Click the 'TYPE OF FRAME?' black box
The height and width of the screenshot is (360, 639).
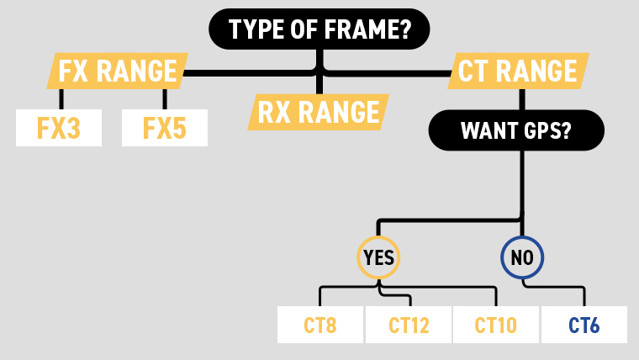pyautogui.click(x=319, y=29)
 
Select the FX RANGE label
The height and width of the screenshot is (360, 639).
pyautogui.click(x=117, y=71)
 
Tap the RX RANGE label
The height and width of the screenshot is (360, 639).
pyautogui.click(x=319, y=112)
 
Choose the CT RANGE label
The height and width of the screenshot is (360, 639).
pyautogui.click(x=518, y=71)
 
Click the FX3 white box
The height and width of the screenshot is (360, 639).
pyautogui.click(x=59, y=129)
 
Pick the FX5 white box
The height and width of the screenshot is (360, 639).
pyautogui.click(x=164, y=129)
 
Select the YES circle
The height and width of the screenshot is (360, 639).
pyautogui.click(x=378, y=257)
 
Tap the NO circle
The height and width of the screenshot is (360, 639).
pyautogui.click(x=522, y=257)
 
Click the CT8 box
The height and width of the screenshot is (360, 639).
pyautogui.click(x=320, y=325)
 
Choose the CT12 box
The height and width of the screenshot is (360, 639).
pyautogui.click(x=409, y=325)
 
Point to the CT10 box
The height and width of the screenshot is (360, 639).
pyautogui.click(x=496, y=325)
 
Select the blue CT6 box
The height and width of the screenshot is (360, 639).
pyautogui.click(x=584, y=325)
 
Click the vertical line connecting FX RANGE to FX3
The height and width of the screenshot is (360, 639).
pyautogui.click(x=61, y=99)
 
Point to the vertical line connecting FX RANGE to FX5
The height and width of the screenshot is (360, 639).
pyautogui.click(x=165, y=99)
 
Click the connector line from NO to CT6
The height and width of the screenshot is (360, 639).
pyautogui.click(x=584, y=294)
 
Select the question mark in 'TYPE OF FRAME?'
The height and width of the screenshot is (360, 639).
pyautogui.click(x=405, y=29)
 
